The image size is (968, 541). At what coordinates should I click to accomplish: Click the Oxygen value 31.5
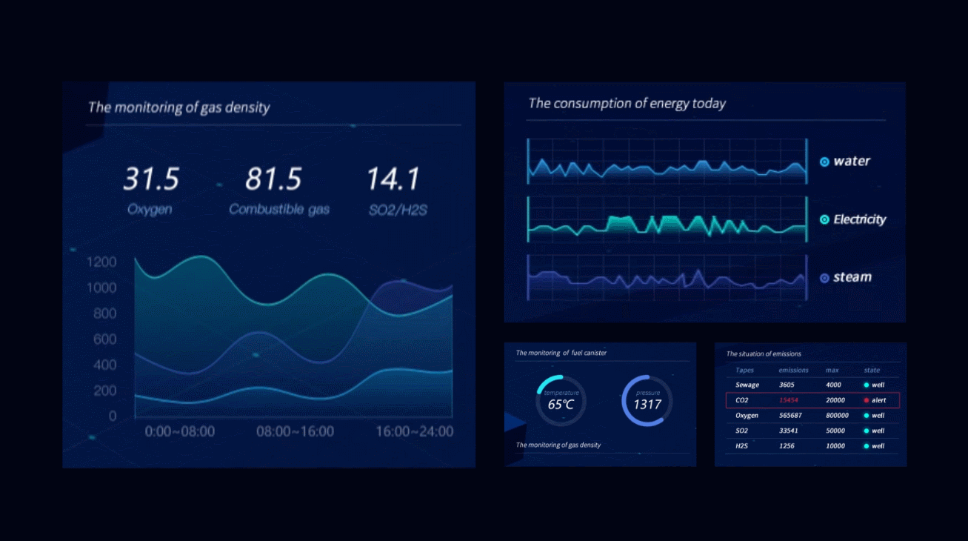[151, 179]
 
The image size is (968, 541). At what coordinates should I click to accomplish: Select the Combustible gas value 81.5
[273, 179]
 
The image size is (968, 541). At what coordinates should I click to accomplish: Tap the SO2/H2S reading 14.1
[393, 179]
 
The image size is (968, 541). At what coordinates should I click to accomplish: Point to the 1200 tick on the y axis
[101, 262]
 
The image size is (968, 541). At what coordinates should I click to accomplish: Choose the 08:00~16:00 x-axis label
[295, 431]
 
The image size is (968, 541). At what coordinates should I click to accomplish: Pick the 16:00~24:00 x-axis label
[414, 431]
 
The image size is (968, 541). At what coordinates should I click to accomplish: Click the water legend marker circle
[824, 162]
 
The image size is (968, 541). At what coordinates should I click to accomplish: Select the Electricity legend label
[859, 219]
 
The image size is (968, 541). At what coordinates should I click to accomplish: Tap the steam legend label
[852, 277]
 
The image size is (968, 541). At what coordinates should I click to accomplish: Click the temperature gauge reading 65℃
[561, 405]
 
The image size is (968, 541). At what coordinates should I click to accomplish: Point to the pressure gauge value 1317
[647, 405]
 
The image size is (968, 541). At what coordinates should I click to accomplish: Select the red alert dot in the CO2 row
[866, 400]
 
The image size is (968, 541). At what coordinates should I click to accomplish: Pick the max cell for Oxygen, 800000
[837, 416]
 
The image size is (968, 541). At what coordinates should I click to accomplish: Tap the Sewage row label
[747, 385]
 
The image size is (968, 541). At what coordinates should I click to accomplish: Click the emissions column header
[793, 370]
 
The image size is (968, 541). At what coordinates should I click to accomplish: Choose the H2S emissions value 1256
[787, 446]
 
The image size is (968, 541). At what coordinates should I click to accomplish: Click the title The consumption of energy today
[627, 104]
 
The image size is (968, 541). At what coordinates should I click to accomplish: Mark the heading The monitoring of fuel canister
[561, 353]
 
